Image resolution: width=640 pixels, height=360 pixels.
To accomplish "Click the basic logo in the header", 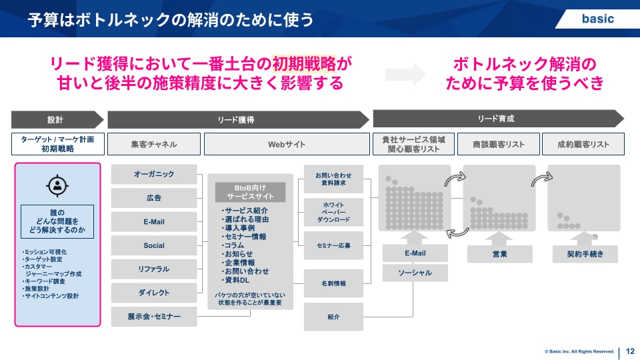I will coord(597,19).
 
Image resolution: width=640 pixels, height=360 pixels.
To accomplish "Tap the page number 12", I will coord(630,351).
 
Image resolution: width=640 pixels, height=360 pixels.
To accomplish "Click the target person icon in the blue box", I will coord(58,187).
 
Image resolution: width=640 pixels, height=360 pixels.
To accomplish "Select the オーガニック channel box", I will coord(154,174).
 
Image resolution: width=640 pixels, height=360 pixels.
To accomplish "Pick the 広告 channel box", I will coord(154,198).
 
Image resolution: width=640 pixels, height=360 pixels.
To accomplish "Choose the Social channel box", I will coord(154,245).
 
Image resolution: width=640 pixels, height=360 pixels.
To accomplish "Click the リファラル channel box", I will coord(154,269).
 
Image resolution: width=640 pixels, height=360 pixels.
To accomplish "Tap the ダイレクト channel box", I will coord(154,293).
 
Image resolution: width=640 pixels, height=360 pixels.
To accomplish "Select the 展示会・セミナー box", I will coord(154,317).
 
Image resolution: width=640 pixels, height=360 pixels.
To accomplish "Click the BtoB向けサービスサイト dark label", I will coord(250,193).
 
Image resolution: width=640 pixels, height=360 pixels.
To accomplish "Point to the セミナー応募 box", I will coord(333,245).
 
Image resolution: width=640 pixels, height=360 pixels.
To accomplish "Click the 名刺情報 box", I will coord(333,283).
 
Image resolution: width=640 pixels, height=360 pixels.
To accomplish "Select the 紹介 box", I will coord(333,317).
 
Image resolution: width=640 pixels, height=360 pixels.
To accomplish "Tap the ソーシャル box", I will coord(415,273).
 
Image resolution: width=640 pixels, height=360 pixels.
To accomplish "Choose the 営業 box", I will coord(499,254).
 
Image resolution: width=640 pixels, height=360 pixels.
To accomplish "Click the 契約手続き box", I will coord(584,254).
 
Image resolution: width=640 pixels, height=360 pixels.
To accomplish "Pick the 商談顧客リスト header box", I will coord(498,144).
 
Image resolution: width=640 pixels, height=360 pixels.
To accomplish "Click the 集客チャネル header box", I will coord(154,144).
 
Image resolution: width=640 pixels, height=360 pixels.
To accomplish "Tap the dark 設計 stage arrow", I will coord(57,120).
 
